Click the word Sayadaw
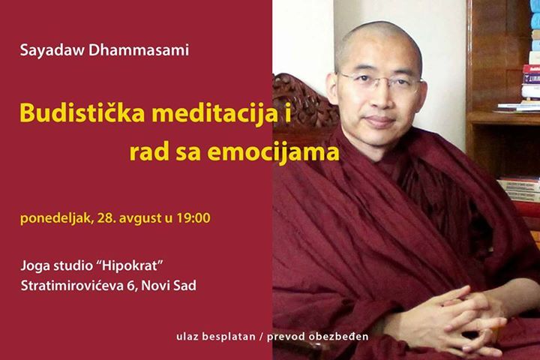pyautogui.click(x=52, y=51)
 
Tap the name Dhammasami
pyautogui.click(x=139, y=49)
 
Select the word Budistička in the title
pyautogui.click(x=82, y=112)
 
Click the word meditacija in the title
pyautogui.click(x=215, y=114)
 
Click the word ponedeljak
pyautogui.click(x=56, y=218)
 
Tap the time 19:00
pyautogui.click(x=193, y=217)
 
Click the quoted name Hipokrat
pyautogui.click(x=129, y=266)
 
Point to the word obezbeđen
pyautogui.click(x=338, y=336)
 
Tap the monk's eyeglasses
pyautogui.click(x=379, y=82)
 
